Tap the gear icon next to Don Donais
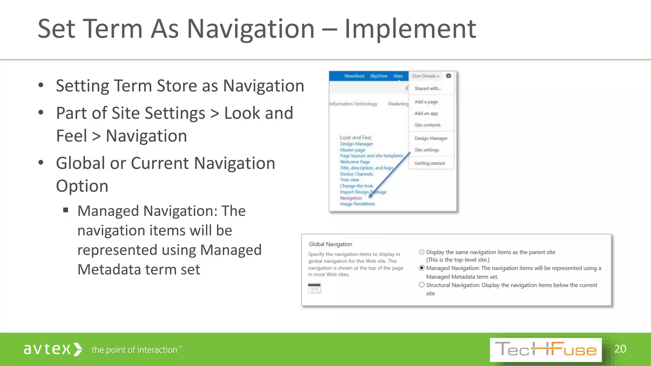tap(449, 76)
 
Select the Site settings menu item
tap(427, 150)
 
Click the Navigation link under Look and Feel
tap(351, 198)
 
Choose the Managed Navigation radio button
tap(422, 268)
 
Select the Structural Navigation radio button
tap(422, 285)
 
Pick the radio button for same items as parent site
tap(422, 252)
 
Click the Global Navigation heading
tap(330, 244)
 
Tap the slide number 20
tap(620, 349)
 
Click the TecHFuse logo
tap(545, 350)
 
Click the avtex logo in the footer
tap(53, 349)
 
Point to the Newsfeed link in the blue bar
tap(354, 76)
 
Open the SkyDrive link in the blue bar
tap(379, 76)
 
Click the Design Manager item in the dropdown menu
tap(431, 138)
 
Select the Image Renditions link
tap(357, 204)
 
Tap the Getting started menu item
tap(429, 163)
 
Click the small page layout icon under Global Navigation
tap(315, 288)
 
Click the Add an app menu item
tap(426, 113)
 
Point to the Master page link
tap(353, 150)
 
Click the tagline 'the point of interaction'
tap(134, 350)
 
